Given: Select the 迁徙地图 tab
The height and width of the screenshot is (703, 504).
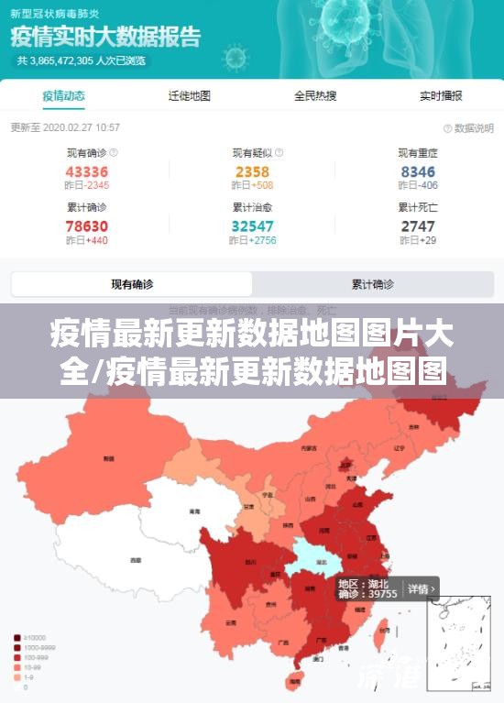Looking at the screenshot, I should tap(190, 95).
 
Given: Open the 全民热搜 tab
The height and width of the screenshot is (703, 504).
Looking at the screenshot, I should tap(314, 95).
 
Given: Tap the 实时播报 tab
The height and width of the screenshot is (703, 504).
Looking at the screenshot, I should tap(441, 95).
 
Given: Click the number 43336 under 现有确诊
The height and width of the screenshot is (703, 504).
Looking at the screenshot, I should tap(87, 171).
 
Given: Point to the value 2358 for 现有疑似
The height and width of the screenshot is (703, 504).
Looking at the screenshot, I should tap(252, 171).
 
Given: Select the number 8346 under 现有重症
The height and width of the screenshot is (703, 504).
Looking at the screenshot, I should tap(418, 171).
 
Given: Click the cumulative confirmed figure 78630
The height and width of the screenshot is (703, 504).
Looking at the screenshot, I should tap(87, 225).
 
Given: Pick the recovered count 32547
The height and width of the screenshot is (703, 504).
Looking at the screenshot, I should tap(252, 225).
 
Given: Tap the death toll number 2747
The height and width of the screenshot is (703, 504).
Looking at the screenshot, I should tap(418, 225).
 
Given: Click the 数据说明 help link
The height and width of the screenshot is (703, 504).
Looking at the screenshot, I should tap(468, 128).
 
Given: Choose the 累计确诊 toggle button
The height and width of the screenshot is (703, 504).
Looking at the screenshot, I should tap(373, 284).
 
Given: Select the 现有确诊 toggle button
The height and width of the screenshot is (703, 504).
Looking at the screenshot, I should tap(132, 284).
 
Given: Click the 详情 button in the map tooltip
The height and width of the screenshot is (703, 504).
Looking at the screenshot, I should tap(421, 588).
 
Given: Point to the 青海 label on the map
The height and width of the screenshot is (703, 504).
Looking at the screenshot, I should tap(194, 511).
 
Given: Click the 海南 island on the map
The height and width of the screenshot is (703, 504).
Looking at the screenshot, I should tap(294, 681).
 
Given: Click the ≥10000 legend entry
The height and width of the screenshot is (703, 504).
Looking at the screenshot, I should tap(32, 638).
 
